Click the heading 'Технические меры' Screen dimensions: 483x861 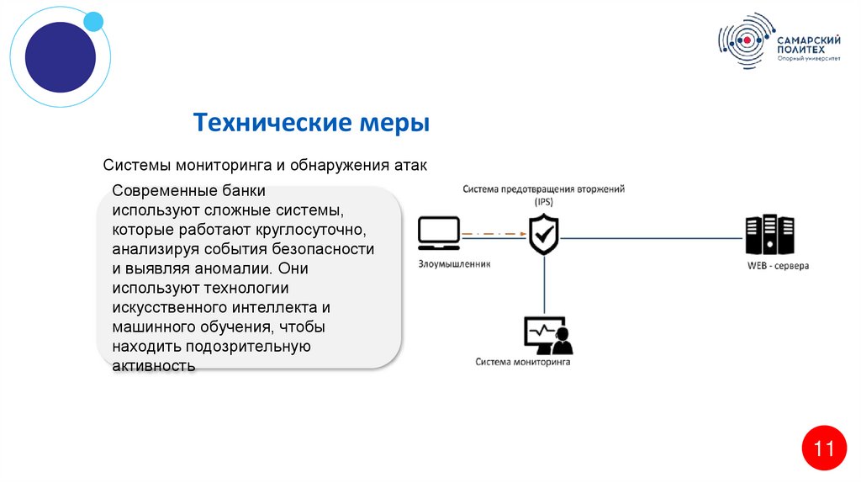point(311,124)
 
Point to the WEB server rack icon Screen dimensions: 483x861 point(769,235)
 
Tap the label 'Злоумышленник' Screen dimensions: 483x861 point(454,263)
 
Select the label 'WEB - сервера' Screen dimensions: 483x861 point(778,266)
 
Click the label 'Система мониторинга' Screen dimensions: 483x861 point(522,363)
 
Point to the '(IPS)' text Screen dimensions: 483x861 point(543,202)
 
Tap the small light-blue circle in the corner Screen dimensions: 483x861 point(93,21)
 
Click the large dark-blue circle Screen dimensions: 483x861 point(60,57)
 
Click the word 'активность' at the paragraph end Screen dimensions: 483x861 point(154,366)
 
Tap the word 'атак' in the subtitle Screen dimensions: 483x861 point(411,166)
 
